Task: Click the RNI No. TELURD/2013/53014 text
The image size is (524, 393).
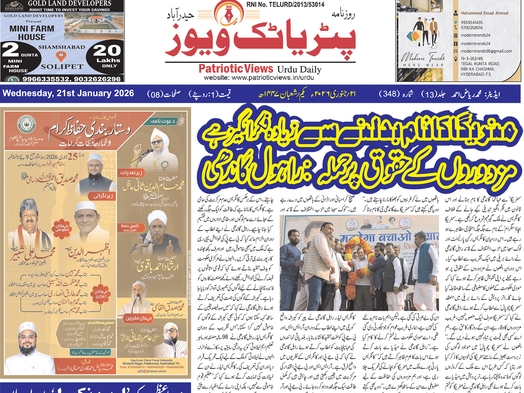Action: click(x=285, y=4)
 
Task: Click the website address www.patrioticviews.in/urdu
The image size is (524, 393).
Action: click(x=259, y=78)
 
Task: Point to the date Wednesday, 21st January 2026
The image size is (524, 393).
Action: click(x=68, y=93)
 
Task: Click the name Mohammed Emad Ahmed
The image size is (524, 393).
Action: click(x=484, y=13)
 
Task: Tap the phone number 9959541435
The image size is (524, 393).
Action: click(x=472, y=22)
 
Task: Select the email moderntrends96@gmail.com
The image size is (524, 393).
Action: click(x=486, y=51)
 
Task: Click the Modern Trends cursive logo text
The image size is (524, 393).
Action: click(x=423, y=59)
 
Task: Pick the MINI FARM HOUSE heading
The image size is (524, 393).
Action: click(x=32, y=33)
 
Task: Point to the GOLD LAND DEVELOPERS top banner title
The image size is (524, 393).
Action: click(x=70, y=4)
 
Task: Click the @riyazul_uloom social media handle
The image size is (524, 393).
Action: click(x=154, y=371)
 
